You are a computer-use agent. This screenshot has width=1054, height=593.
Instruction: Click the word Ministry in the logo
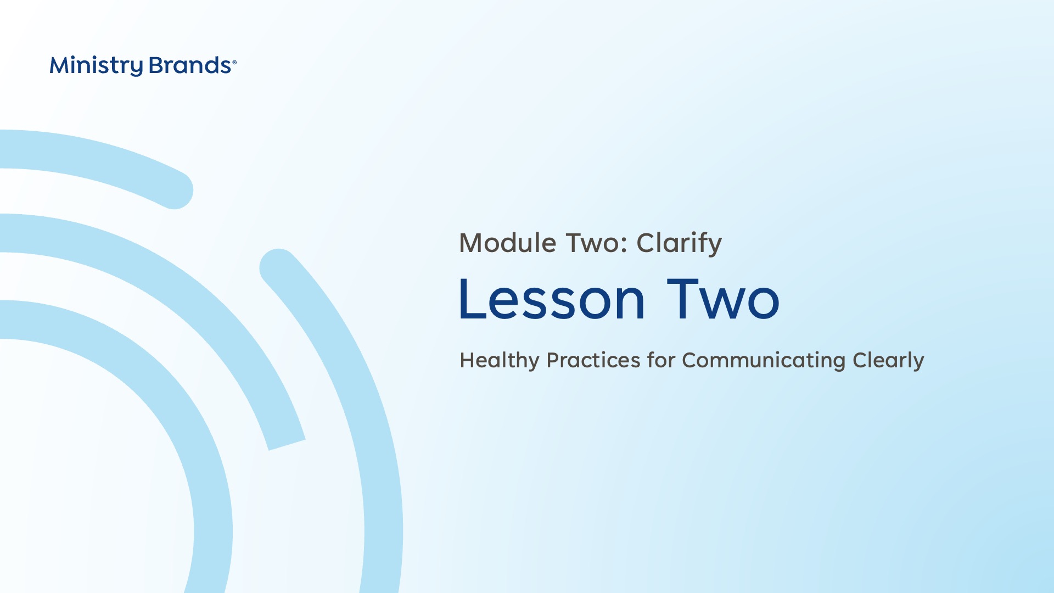96,66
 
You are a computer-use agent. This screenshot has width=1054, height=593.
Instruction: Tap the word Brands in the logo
190,65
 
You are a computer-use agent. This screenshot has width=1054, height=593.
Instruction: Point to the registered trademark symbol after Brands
234,63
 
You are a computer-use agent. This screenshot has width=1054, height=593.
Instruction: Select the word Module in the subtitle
508,243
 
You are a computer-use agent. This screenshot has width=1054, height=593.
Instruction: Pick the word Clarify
679,244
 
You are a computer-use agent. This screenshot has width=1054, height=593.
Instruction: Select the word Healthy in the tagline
500,361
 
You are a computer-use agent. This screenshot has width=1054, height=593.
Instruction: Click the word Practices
593,360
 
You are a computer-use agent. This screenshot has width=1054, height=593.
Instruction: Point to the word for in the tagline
661,360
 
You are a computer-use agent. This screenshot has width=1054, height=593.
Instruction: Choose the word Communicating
764,361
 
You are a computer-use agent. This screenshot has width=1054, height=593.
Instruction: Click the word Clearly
888,361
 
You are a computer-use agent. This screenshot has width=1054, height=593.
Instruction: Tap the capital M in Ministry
60,66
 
